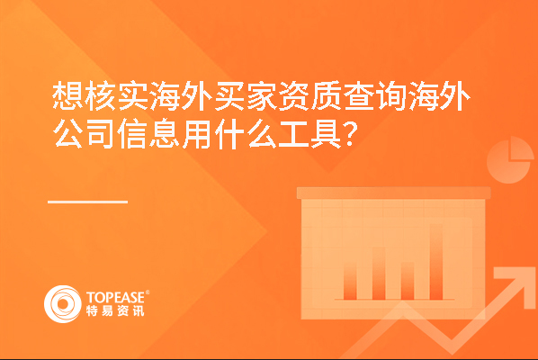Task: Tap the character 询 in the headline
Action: coord(392,96)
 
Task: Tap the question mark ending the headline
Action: coord(350,134)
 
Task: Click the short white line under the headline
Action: coord(88,202)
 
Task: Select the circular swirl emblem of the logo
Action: coord(63,304)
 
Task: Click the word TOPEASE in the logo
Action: coord(115,298)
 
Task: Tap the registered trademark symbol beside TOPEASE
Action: coord(148,292)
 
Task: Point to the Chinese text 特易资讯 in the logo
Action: coord(115,310)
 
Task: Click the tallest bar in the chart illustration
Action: coord(436,262)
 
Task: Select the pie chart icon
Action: coord(510,159)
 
